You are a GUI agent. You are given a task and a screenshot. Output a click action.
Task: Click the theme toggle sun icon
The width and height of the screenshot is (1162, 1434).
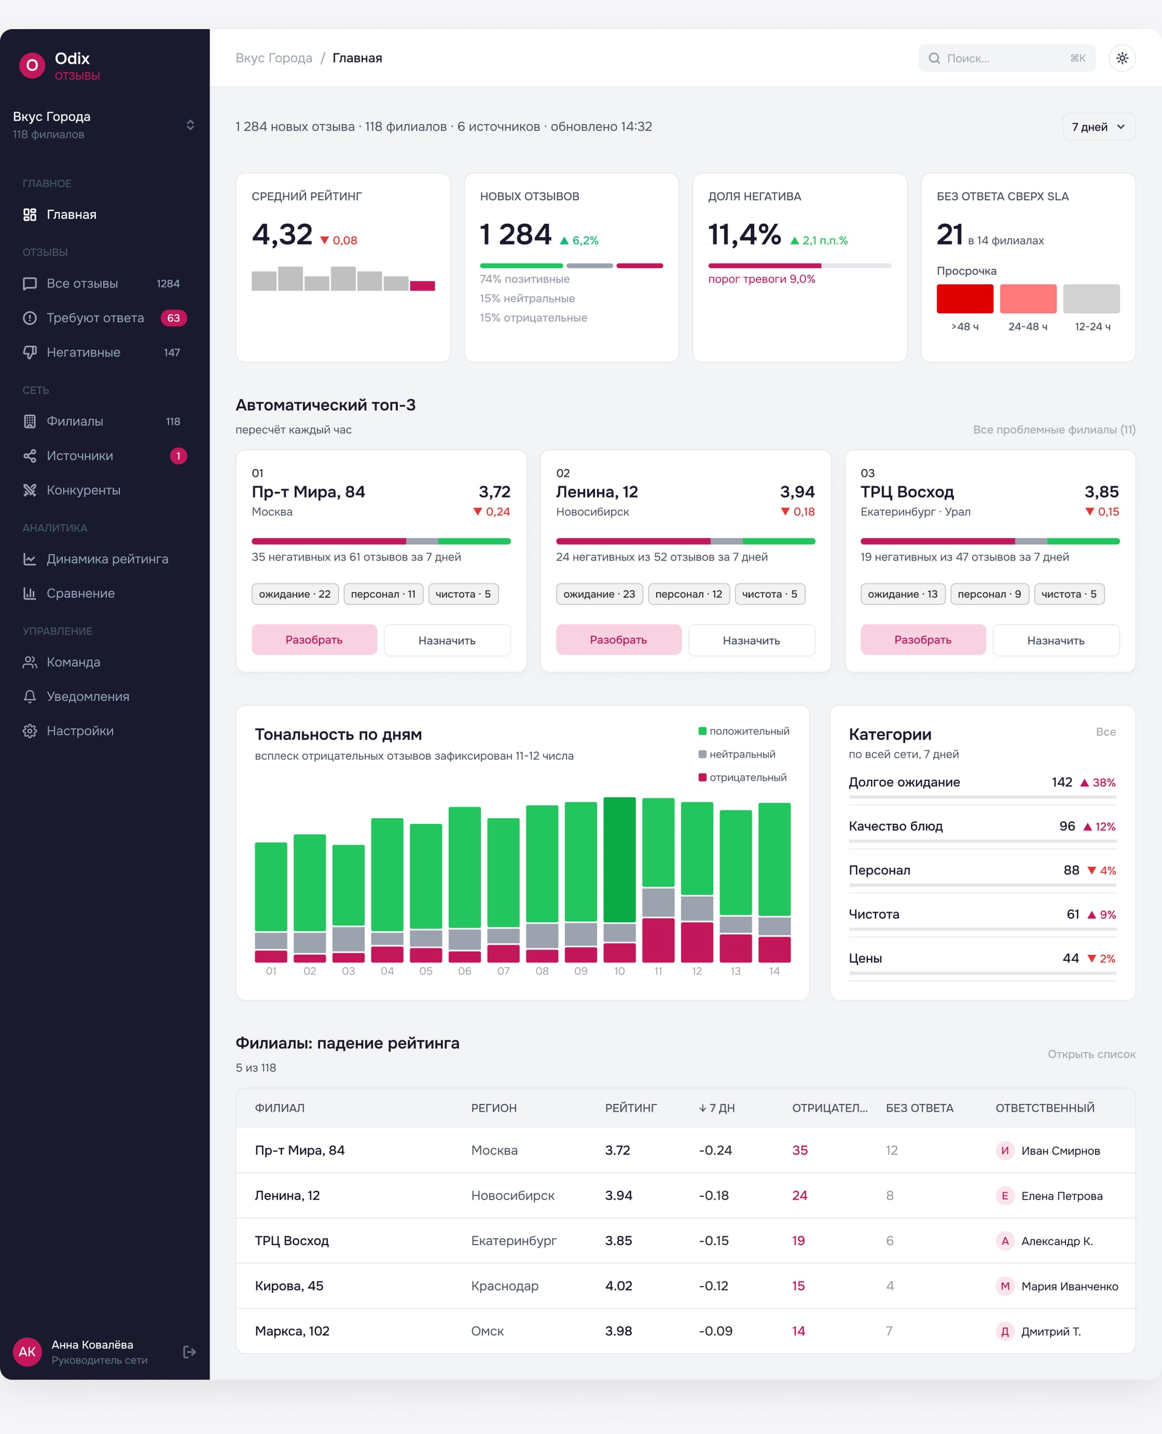1122,58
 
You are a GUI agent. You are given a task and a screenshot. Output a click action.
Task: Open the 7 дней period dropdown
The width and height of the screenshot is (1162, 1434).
1099,127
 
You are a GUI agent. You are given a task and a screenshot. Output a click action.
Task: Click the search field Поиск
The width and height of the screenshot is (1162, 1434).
1006,58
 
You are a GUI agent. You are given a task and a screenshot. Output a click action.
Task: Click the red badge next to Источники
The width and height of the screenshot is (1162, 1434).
178,456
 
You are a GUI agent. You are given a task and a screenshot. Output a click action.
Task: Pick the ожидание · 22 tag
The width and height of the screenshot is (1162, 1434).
295,594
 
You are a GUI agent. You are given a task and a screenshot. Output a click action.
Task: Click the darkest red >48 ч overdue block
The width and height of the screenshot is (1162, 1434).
964,299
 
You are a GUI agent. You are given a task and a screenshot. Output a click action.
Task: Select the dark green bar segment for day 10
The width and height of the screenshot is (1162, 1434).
619,859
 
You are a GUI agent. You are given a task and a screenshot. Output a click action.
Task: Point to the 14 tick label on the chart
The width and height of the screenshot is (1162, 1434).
774,971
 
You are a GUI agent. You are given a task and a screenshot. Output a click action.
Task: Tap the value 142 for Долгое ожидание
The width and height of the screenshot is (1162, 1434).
1061,782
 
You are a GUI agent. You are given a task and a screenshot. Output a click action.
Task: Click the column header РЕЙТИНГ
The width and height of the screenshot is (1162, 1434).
630,1108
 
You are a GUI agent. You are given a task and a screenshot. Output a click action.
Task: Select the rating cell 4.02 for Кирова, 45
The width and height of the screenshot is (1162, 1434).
619,1286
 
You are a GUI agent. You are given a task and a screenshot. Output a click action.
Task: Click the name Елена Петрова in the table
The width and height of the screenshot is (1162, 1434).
1061,1196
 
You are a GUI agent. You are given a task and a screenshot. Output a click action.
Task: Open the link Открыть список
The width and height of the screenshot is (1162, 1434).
1091,1055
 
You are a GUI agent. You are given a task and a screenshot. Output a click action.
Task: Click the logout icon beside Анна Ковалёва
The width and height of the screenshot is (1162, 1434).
189,1352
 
